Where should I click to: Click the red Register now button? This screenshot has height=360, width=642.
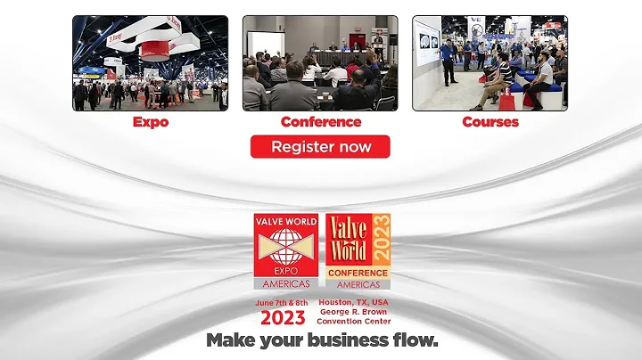(x=320, y=146)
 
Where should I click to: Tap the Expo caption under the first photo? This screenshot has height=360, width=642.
(x=151, y=122)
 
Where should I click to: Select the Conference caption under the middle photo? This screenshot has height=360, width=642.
(x=320, y=122)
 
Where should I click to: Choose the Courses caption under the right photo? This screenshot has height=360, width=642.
(x=490, y=122)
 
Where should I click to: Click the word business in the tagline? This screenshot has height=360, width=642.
(x=333, y=341)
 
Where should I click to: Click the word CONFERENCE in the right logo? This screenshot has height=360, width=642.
(x=357, y=273)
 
